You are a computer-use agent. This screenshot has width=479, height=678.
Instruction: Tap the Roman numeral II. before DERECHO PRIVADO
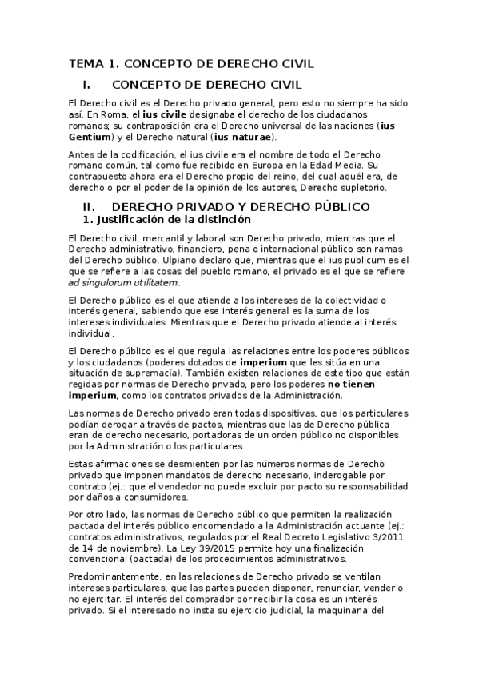click(x=80, y=206)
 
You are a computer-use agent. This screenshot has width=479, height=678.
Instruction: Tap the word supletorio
click(x=361, y=187)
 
